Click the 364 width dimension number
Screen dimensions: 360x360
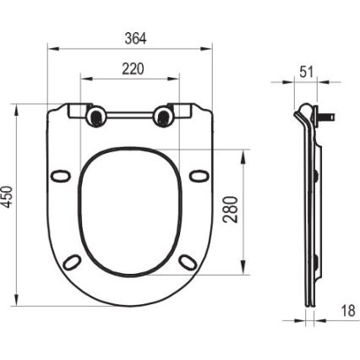pos(135,38)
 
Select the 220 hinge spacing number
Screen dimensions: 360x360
pos(133,68)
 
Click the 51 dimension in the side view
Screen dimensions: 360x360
pos(306,72)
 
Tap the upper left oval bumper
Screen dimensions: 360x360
pos(61,175)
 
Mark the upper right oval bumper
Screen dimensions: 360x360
pos(199,175)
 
